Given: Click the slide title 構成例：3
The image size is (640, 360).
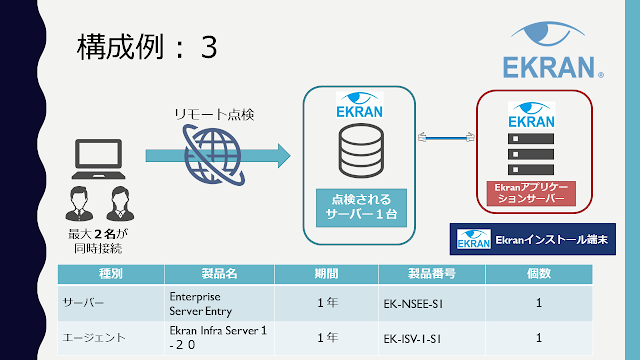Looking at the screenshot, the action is coord(147,47).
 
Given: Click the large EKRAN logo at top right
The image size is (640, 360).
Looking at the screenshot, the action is coord(553,50).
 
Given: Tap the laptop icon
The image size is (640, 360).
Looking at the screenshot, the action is coord(98,159).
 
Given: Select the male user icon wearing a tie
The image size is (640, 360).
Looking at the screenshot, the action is coord(79,204).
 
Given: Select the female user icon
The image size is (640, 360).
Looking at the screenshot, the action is coord(120,204).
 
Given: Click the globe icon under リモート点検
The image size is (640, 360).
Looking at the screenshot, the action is coord(213,155).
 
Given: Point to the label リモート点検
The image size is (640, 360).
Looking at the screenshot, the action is coord(214,115).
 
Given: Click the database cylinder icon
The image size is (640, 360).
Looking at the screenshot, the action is coord(361,151).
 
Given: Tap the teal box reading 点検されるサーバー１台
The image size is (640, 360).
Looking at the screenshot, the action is coord(361,207).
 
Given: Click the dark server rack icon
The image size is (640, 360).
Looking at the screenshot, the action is coord(531,154).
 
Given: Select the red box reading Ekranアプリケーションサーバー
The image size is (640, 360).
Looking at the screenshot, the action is coord(531,193).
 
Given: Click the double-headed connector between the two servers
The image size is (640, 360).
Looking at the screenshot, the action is coord(446,138).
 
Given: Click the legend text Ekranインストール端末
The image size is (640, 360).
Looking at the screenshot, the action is coord(551,240).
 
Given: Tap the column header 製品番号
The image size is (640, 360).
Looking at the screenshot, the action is coord(432,273).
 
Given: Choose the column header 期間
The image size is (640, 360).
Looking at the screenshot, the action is coord(326,273).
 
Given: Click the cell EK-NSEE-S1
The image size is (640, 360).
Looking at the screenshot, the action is coord(413,304).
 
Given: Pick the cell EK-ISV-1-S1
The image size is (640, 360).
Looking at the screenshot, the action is coord(412,339).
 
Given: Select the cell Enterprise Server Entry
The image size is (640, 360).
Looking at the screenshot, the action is coord(200,304).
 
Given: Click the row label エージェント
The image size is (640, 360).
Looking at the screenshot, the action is coord(94,338).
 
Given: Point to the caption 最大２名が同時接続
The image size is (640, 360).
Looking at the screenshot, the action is coord(98,241).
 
